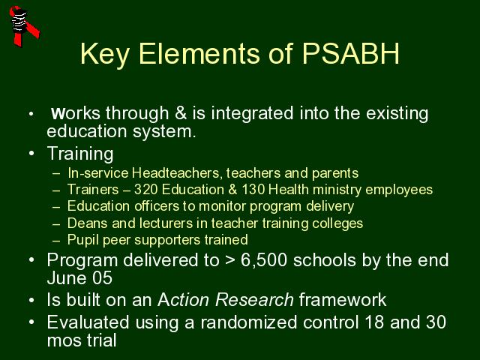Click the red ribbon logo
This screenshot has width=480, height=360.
(x=24, y=26)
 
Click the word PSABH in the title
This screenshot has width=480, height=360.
(x=351, y=53)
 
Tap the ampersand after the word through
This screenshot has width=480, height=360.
(x=181, y=113)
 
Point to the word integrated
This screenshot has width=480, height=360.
(x=252, y=114)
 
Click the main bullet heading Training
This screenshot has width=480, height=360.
(x=80, y=154)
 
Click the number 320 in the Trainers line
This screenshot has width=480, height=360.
(x=145, y=190)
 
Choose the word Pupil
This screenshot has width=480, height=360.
(x=83, y=240)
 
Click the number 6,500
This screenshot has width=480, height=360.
(x=264, y=260)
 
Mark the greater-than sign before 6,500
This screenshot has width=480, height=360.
(x=230, y=261)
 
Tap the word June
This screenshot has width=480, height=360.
(x=67, y=278)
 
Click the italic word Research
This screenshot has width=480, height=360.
(x=254, y=300)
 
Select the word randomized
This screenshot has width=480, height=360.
(x=248, y=322)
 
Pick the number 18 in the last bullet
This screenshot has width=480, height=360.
(x=374, y=322)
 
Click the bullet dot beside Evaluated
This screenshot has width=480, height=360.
(x=31, y=322)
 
